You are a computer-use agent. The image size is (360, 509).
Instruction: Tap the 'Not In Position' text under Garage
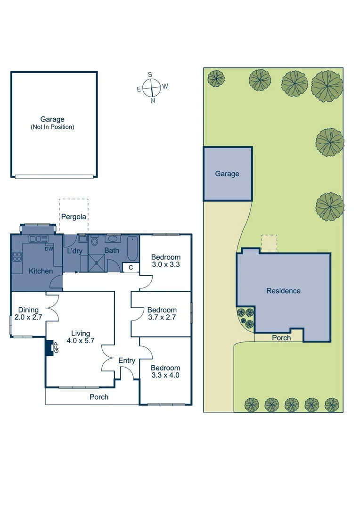coord(52,127)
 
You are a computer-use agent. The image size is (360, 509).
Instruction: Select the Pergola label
coord(74,217)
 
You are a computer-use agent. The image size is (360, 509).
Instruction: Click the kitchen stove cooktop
coord(17,257)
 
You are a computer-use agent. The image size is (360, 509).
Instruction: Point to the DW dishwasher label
coord(49,249)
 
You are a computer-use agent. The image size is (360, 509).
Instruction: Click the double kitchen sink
coord(36,239)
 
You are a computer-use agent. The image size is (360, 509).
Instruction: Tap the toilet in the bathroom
coord(94,242)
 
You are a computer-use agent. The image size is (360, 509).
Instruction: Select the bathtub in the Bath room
coord(132,248)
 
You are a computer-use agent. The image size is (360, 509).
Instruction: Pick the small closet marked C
coord(131,268)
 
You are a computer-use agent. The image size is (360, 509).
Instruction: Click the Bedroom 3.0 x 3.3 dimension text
coord(165,264)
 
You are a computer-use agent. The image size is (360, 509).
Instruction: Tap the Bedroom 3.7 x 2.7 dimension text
coord(162,317)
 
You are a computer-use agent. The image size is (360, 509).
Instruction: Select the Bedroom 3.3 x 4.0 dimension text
coord(165,375)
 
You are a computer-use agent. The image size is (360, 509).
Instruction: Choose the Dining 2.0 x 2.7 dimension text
coord(28,317)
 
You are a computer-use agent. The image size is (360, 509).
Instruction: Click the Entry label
coord(127,361)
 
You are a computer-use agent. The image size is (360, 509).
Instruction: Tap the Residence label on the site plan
coord(283,291)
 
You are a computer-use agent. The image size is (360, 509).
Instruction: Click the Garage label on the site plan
coord(227,174)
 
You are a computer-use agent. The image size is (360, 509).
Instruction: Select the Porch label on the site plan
coord(281,337)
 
